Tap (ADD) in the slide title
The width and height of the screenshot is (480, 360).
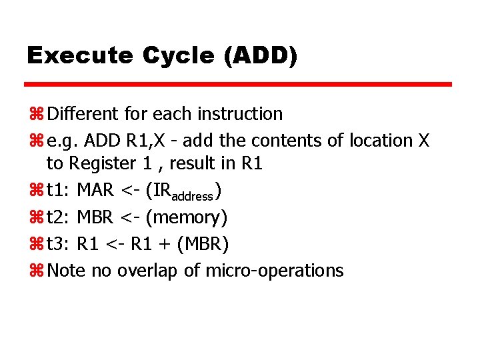coord(261,55)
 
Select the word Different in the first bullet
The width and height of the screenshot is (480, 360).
coord(85,114)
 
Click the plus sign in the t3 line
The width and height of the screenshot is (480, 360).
coord(164,245)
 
